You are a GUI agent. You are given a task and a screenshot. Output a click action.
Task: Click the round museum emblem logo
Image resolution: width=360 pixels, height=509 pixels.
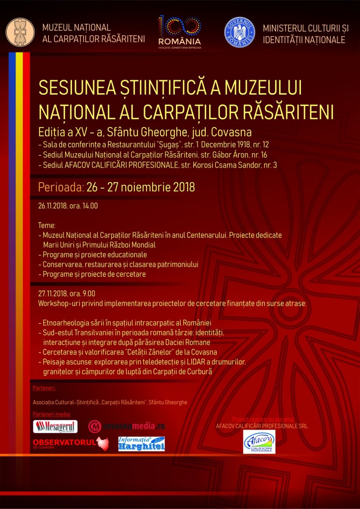pos(20,32)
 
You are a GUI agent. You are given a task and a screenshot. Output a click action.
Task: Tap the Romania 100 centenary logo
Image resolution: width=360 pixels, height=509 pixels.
pos(180,32)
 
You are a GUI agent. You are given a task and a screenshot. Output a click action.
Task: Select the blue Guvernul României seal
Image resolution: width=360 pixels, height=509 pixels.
pos(239,32)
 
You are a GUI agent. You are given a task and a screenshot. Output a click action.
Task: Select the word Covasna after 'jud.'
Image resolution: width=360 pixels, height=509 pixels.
pos(231,132)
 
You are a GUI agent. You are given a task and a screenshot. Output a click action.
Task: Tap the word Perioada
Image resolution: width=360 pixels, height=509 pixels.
pos(61,187)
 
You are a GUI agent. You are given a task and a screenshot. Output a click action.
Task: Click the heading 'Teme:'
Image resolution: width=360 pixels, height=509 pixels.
pos(47,225)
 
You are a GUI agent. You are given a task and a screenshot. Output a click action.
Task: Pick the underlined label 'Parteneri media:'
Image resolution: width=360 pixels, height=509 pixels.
pos(52,414)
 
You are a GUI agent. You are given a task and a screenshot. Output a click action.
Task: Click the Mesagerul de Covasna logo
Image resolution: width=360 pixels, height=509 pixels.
pos(55,427)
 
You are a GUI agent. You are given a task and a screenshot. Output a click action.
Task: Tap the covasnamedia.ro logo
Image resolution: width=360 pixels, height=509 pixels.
pos(127,426)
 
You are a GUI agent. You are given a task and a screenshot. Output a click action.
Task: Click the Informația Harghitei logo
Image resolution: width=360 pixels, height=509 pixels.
pos(141,444)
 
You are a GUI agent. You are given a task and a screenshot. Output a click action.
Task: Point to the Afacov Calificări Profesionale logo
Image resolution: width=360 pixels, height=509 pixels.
pos(259,442)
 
